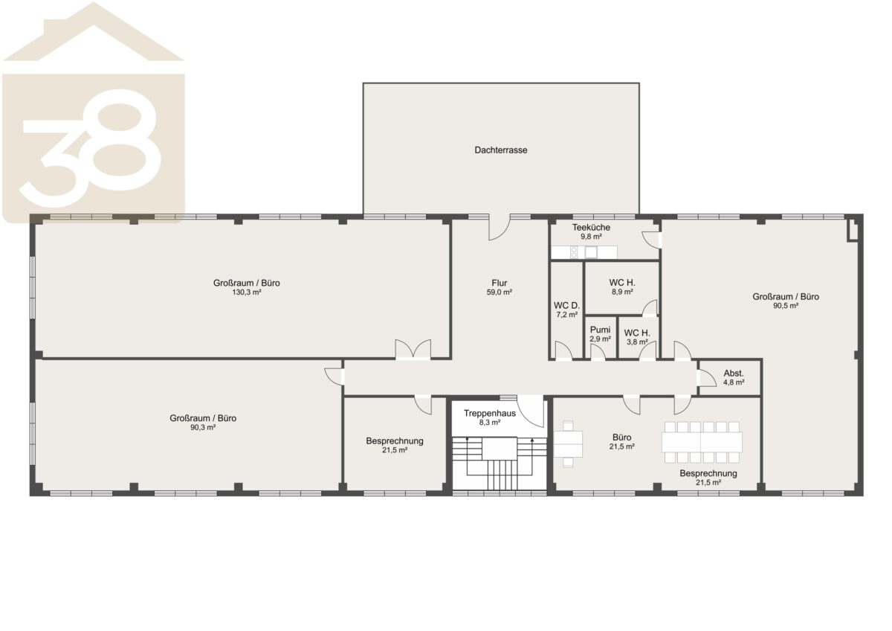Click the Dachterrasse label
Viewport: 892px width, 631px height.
click(500, 150)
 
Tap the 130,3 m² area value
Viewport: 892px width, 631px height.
click(247, 292)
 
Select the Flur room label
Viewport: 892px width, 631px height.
click(499, 283)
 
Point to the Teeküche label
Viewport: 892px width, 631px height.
click(591, 228)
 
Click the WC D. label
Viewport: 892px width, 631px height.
click(566, 306)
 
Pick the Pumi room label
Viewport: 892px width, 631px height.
click(600, 330)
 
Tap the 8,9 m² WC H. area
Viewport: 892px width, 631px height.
click(622, 292)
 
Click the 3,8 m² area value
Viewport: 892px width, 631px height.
click(637, 342)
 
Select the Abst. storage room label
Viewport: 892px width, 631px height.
click(734, 374)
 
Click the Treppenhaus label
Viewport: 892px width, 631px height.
click(489, 414)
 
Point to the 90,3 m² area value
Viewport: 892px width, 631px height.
click(203, 427)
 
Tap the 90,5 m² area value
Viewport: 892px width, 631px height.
click(786, 306)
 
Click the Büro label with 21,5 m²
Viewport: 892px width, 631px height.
click(621, 438)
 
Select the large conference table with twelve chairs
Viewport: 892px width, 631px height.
click(702, 442)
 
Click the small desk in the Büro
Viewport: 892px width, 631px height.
click(568, 443)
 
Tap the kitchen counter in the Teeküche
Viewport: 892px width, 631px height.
click(584, 252)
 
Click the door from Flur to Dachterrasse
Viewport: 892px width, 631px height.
click(500, 228)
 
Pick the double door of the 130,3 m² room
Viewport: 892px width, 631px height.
click(413, 350)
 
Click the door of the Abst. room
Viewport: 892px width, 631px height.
click(706, 377)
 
